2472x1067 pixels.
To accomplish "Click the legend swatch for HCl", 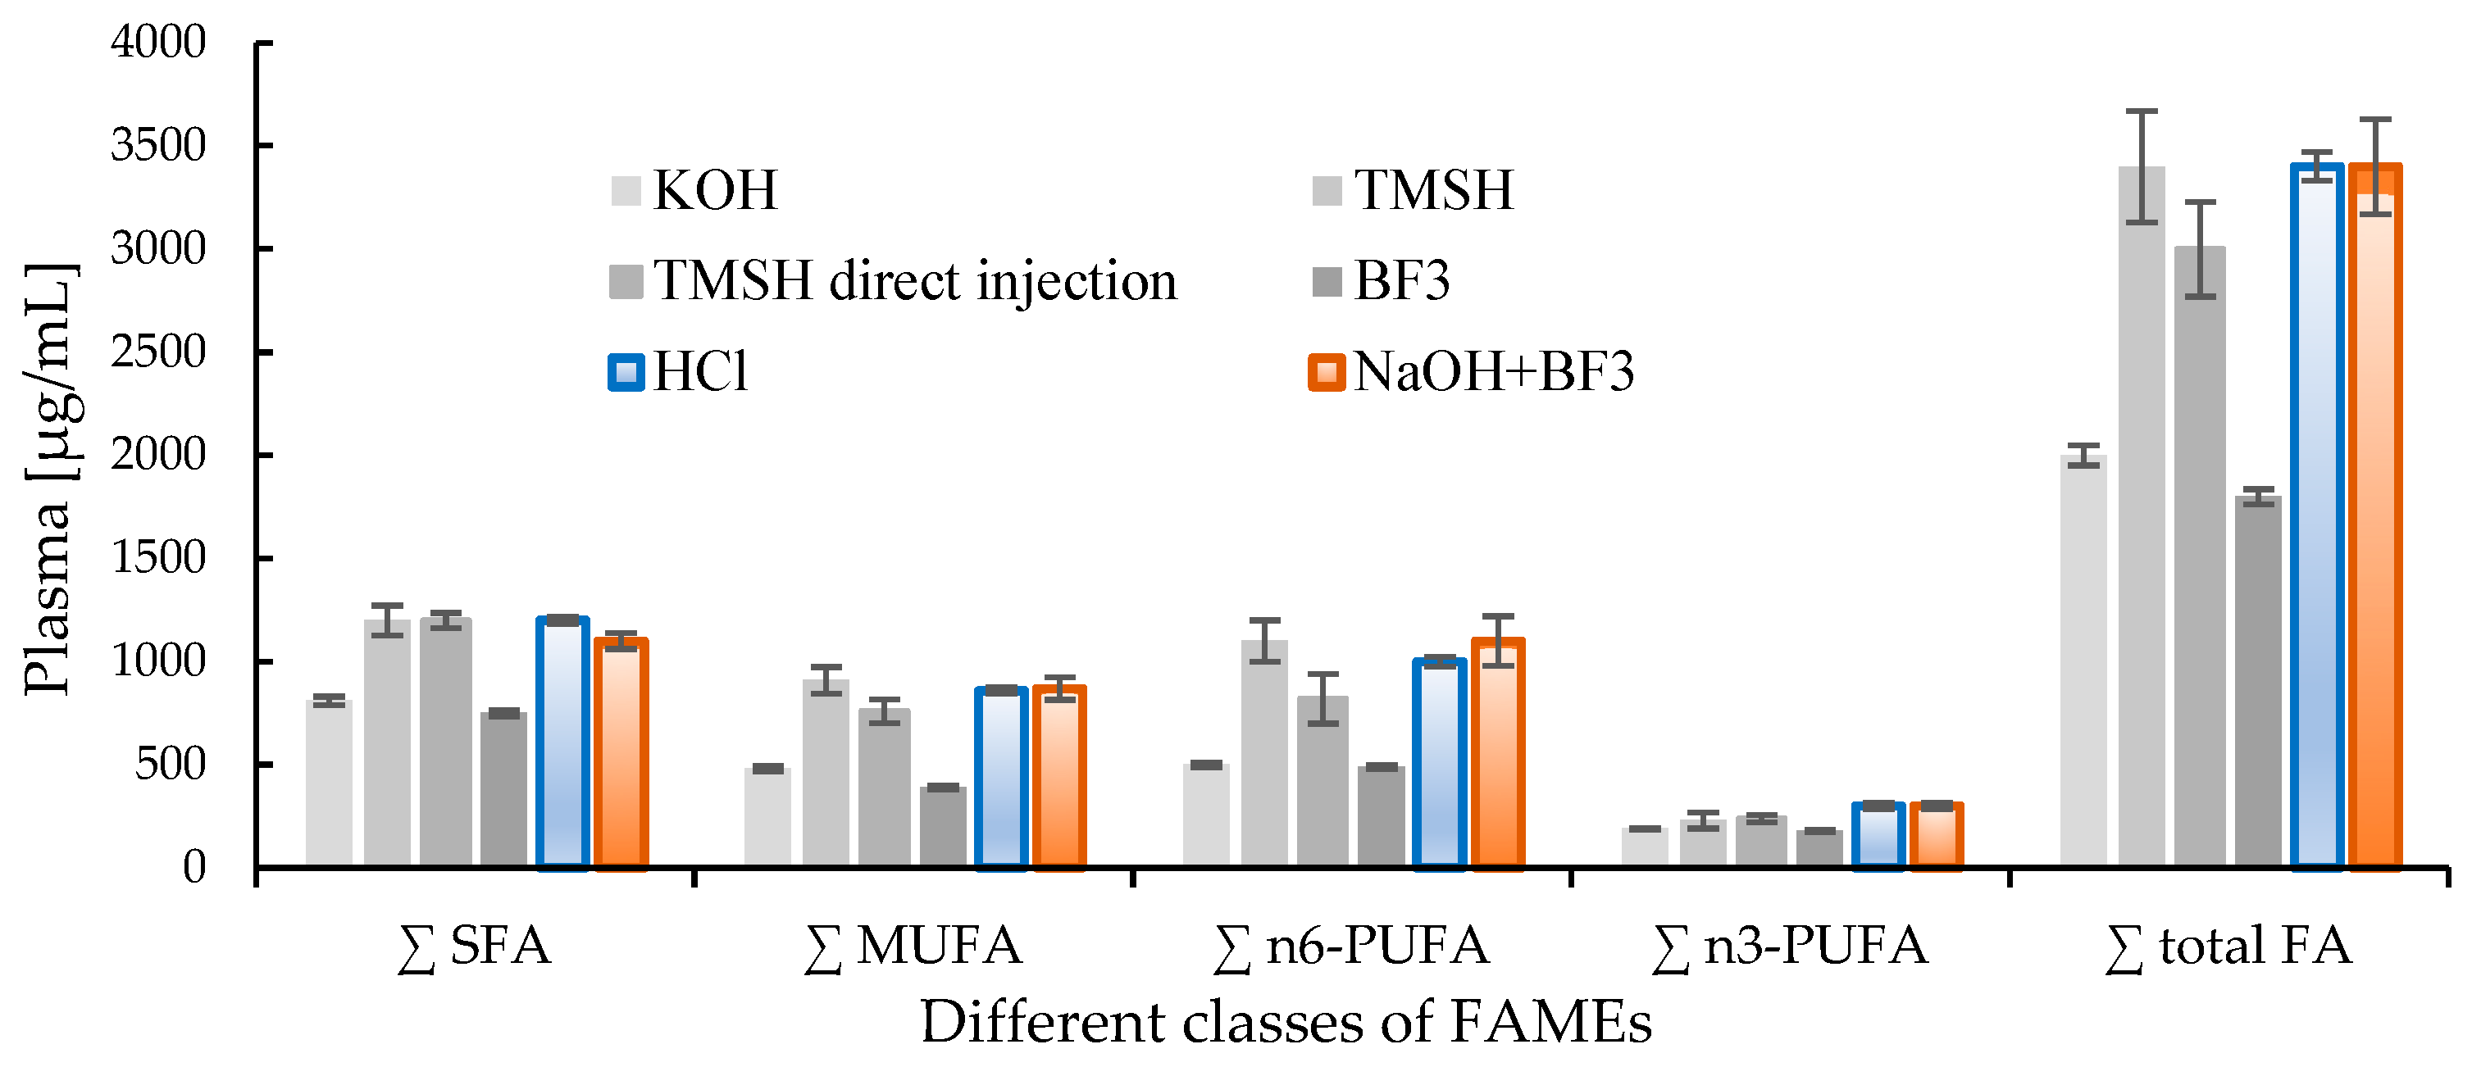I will pos(626,372).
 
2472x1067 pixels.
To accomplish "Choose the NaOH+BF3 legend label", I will pos(1493,372).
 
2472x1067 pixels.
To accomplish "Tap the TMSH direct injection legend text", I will pos(914,281).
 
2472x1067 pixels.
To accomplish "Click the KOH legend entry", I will pos(715,190).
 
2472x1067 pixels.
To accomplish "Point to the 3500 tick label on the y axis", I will pos(158,146).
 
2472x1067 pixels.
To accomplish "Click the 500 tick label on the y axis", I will pos(170,765).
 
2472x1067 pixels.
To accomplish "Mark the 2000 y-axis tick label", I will pos(158,455).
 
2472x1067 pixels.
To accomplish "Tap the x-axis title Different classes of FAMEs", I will pos(1286,1022).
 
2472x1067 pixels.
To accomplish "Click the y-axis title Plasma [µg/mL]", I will pos(50,479).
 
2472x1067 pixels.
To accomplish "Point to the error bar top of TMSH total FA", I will pos(2142,111).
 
